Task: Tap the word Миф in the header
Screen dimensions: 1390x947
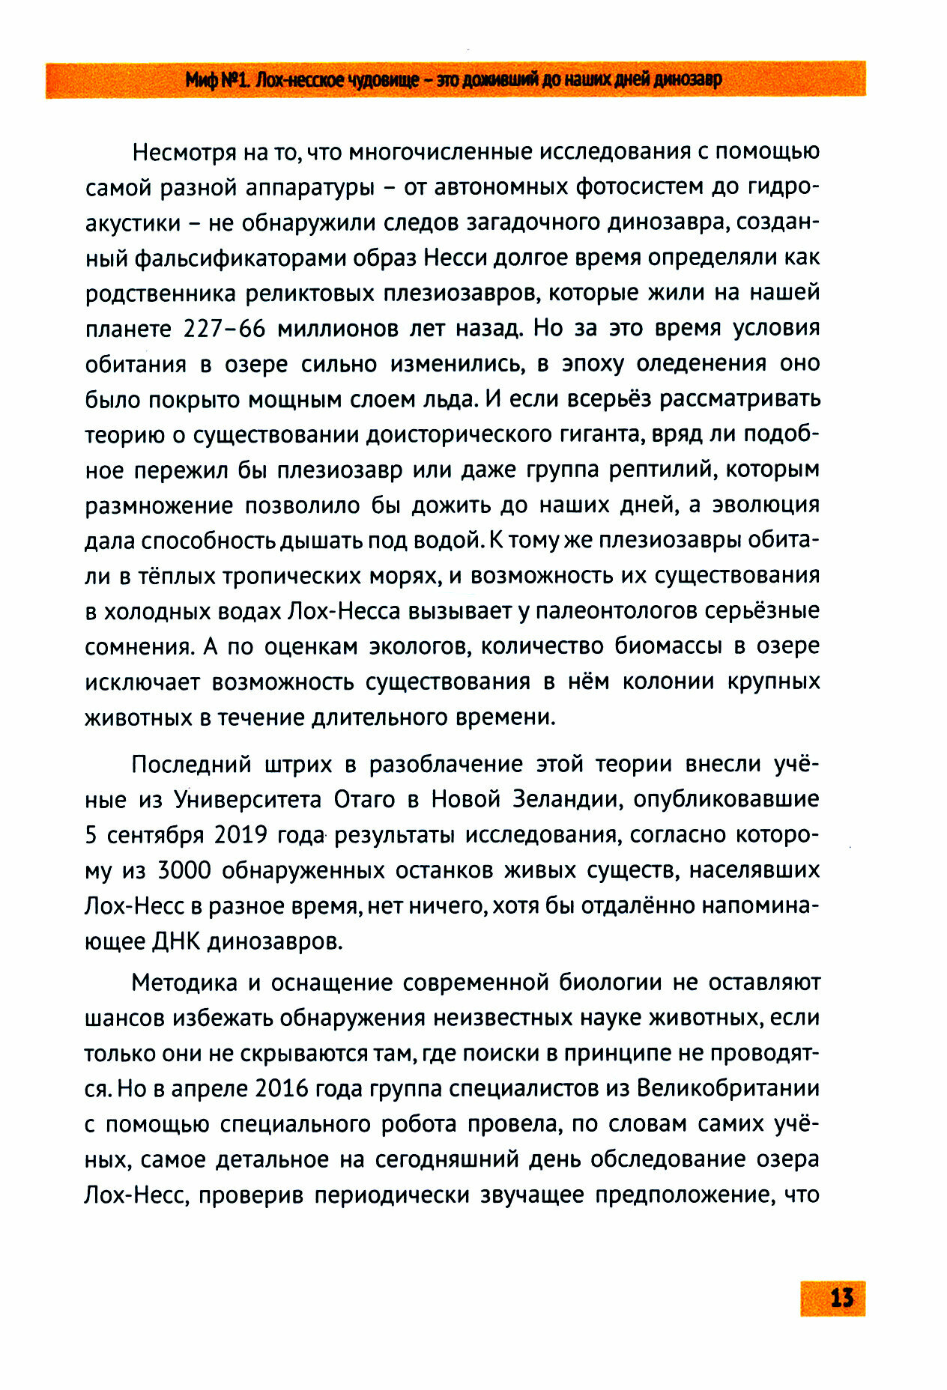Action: [x=201, y=80]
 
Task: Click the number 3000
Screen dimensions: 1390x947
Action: [x=184, y=870]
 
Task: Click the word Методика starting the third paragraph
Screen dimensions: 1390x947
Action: [x=183, y=983]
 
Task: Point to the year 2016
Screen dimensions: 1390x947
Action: [x=282, y=1089]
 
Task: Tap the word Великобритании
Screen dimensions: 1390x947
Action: [x=727, y=1089]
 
